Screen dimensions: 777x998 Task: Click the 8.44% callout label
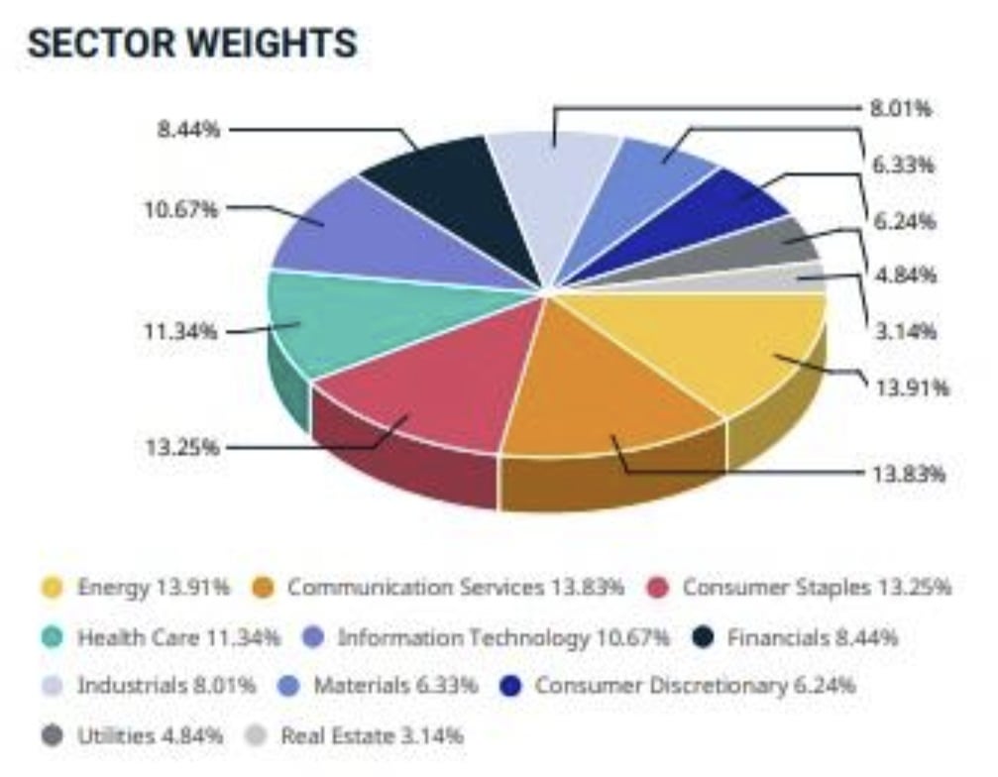click(x=187, y=129)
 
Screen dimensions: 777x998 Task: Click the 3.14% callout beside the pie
click(x=903, y=331)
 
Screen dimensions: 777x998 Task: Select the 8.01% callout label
click(x=901, y=108)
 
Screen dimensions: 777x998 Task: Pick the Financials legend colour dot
click(x=703, y=637)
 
